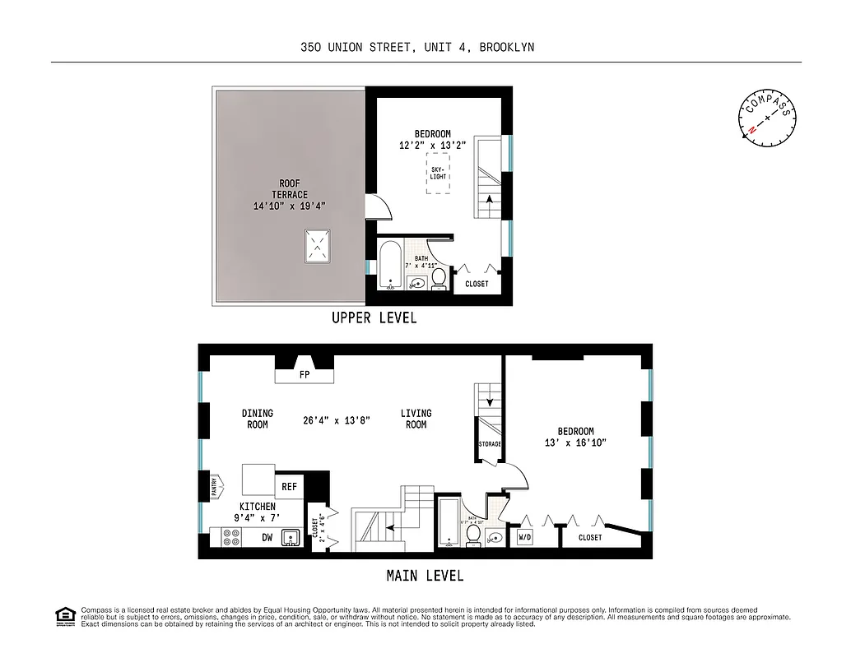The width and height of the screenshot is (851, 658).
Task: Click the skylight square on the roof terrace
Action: [x=318, y=246]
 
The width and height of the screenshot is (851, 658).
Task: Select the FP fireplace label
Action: [x=304, y=375]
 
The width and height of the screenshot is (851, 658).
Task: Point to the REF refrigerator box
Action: [x=289, y=487]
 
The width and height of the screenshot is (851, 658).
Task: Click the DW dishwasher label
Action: [x=267, y=538]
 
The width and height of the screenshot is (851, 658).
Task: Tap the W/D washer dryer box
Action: [x=524, y=538]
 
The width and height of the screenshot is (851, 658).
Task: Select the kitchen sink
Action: [x=291, y=538]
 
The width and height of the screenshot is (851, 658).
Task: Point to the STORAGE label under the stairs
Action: [x=490, y=444]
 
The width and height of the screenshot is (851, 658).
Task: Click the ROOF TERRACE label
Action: [x=290, y=195]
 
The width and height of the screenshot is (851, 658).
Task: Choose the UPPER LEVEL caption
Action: [x=374, y=317]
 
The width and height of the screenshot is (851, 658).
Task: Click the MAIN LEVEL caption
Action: [x=425, y=575]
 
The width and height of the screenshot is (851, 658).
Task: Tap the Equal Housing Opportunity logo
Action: [x=64, y=615]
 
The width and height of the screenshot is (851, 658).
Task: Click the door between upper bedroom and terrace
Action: [x=374, y=206]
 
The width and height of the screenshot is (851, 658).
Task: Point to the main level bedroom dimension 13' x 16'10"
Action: [x=575, y=437]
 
